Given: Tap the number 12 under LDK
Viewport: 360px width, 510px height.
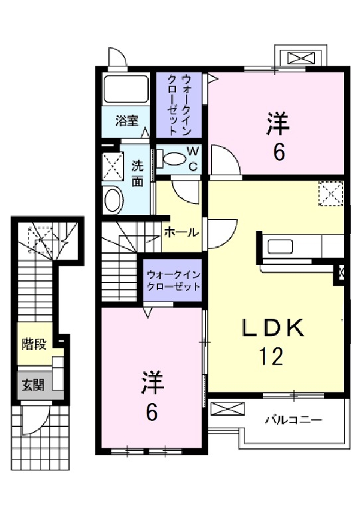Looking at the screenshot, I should (x=272, y=357).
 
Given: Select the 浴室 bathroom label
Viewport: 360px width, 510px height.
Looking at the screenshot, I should (x=127, y=121).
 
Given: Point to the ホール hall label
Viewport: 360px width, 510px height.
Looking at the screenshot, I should (x=181, y=233).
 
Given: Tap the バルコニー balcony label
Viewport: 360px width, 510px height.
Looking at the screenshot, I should (x=293, y=420).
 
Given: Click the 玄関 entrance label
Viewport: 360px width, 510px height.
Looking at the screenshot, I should (x=33, y=386).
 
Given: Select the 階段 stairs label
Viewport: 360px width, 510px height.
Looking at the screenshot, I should (x=33, y=344).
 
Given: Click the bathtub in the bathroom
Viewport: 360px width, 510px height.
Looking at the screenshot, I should (x=126, y=89).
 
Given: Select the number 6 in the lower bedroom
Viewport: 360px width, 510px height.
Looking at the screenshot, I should (x=152, y=412).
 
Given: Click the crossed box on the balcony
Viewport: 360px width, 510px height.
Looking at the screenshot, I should (x=226, y=410).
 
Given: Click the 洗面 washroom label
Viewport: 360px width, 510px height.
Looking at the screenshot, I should (x=137, y=173).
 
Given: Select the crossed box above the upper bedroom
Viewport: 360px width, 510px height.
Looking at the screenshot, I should (x=301, y=57).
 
